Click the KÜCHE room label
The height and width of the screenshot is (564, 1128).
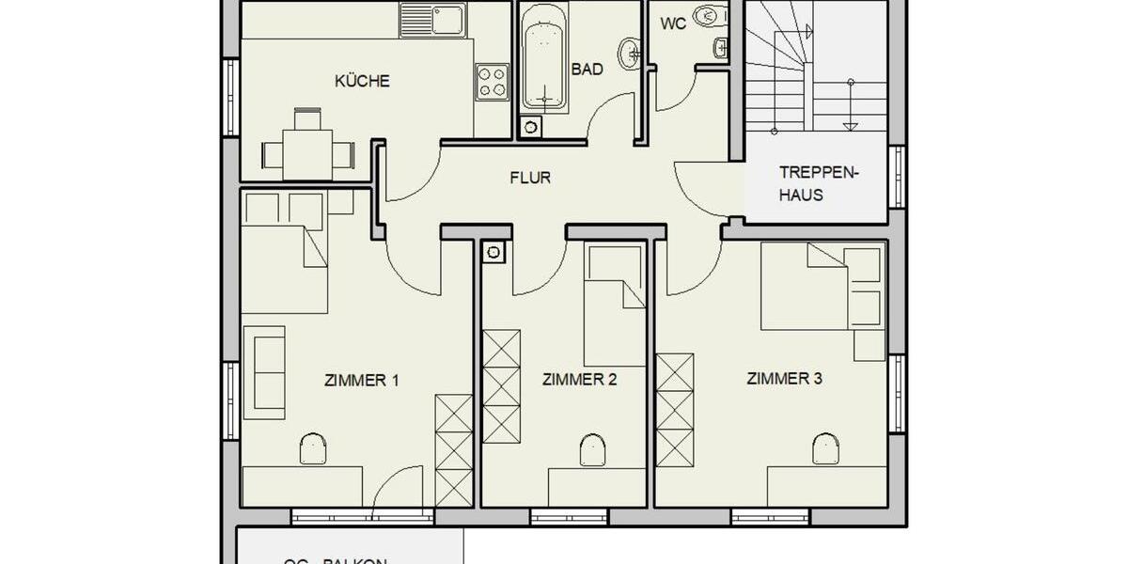coord(362,82)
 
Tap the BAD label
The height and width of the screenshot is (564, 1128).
coord(587,69)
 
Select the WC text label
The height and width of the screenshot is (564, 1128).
coord(673,23)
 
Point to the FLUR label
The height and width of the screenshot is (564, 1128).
coord(530,177)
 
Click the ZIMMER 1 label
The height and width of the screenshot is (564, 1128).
coord(362,381)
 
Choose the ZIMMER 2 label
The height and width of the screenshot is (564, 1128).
coord(579,380)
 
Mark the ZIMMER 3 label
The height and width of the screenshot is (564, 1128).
coord(785,379)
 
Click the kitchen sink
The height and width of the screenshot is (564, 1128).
coord(433,19)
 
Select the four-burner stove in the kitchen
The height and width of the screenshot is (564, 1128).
coord(492,82)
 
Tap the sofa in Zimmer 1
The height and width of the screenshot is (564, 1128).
coord(263,372)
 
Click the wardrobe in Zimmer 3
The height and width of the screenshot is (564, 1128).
coord(674,409)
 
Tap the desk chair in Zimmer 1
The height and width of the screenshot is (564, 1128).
coord(313,448)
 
